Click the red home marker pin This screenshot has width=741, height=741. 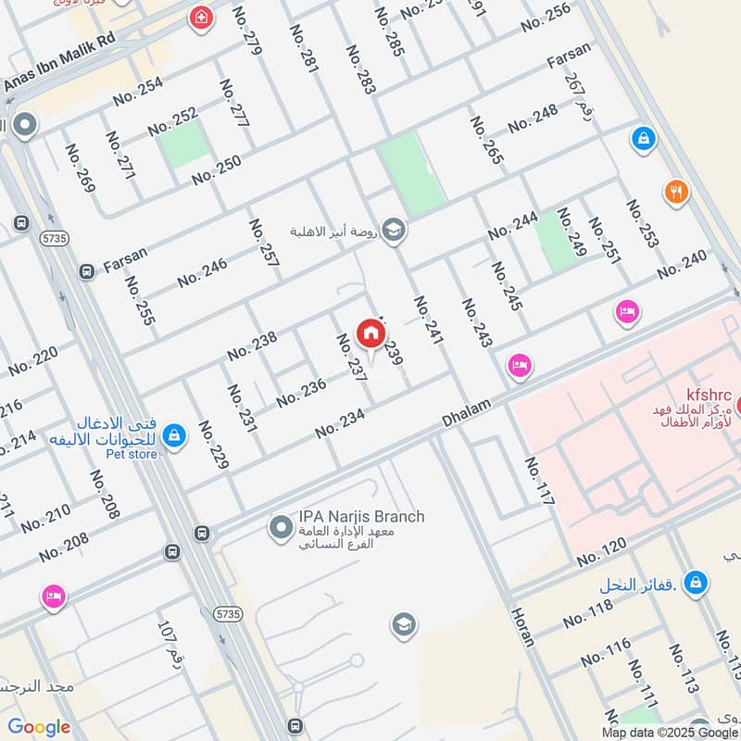click(x=370, y=333)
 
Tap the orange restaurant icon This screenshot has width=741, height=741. click(x=676, y=193)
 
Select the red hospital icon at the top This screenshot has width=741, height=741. click(x=199, y=18)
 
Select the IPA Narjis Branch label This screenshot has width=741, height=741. click(x=361, y=516)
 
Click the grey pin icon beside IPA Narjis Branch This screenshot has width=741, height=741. click(x=280, y=529)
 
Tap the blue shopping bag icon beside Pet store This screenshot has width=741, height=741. click(x=173, y=433)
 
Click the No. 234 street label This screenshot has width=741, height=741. click(x=340, y=423)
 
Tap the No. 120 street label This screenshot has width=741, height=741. click(x=602, y=552)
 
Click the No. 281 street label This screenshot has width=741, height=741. click(x=304, y=48)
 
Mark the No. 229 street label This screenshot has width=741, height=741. click(x=212, y=446)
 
